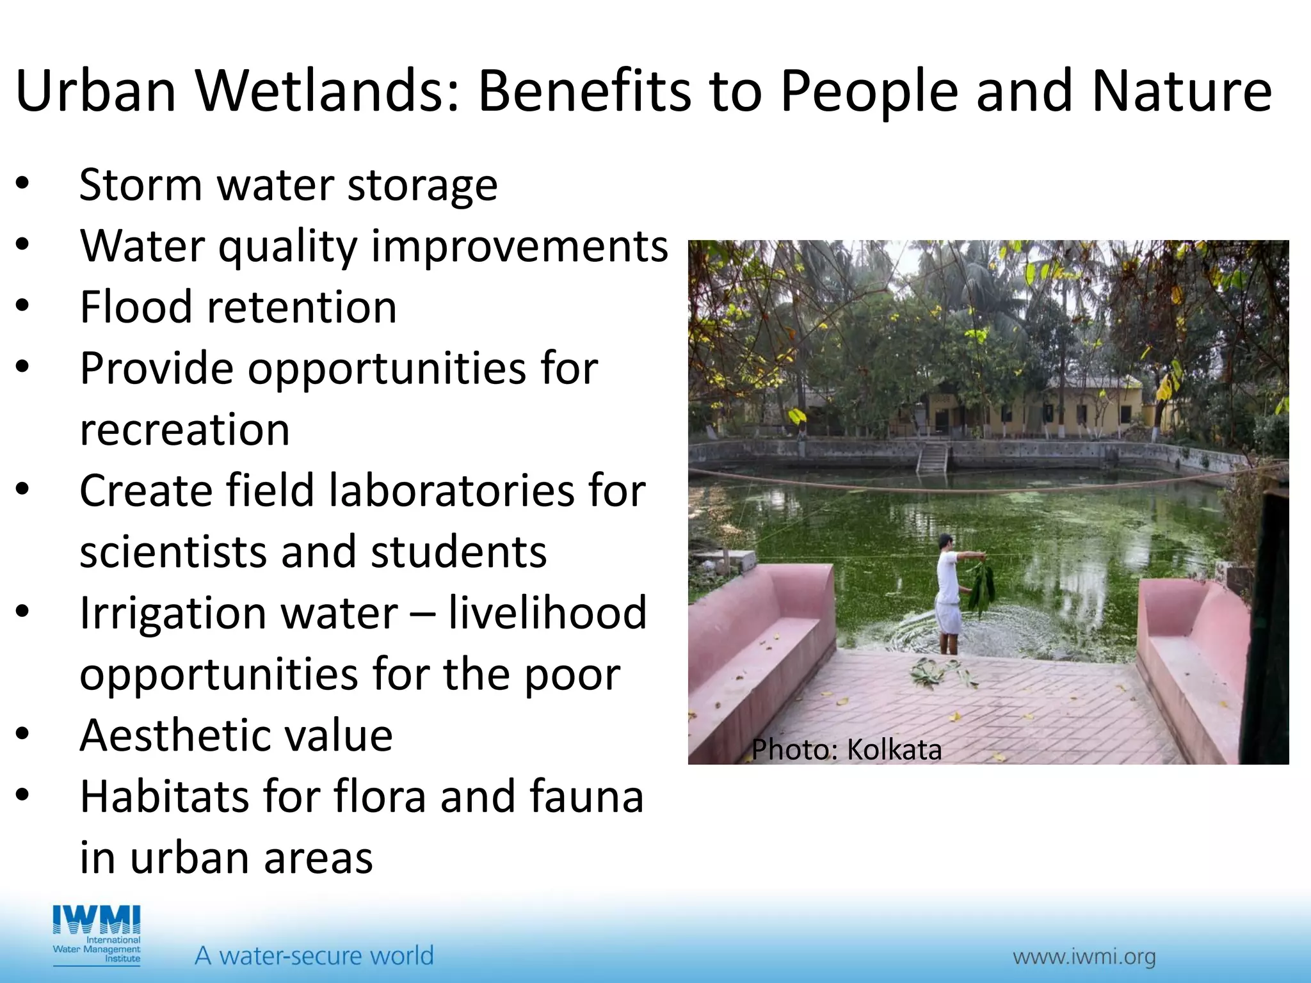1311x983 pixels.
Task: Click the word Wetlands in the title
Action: coord(326,91)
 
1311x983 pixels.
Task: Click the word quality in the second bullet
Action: coord(287,247)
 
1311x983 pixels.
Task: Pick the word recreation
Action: coord(184,429)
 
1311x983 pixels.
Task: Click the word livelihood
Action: coord(547,612)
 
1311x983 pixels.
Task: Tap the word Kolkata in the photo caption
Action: coord(894,750)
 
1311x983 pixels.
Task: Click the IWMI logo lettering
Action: coord(97,920)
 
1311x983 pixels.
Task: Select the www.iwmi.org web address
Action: coord(1084,957)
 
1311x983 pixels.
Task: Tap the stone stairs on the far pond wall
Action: coord(933,456)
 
